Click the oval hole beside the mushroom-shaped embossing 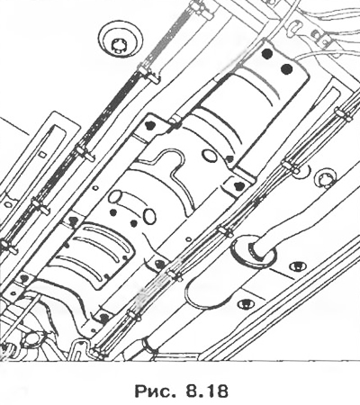209,156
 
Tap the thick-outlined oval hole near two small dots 149,216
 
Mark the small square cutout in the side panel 43,154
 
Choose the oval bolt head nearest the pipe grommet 297,265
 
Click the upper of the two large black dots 266,53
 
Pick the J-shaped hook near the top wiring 295,26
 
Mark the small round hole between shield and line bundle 188,239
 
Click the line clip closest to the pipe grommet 226,231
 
